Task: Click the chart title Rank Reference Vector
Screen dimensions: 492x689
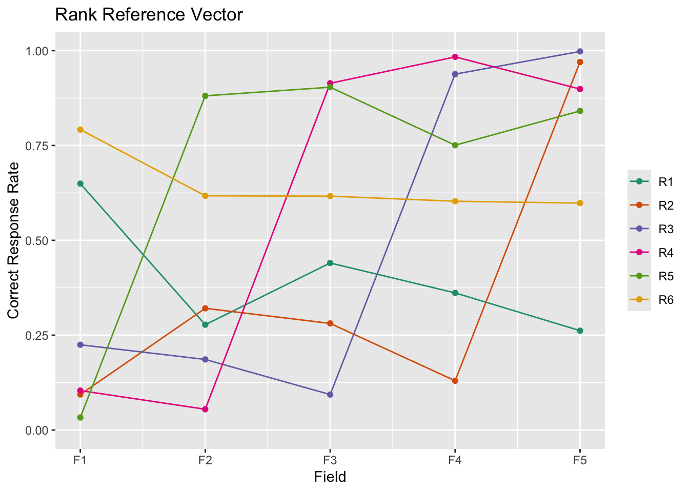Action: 149,15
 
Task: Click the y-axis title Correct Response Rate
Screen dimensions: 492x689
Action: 14,240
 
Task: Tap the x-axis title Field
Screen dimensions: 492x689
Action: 330,477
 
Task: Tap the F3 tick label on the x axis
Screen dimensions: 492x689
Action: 330,460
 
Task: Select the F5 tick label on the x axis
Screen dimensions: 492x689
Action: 580,460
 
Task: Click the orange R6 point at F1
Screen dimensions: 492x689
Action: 80,130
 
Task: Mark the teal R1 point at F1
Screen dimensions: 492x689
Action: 80,183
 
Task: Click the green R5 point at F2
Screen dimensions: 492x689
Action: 205,96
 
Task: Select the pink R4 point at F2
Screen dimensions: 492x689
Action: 205,409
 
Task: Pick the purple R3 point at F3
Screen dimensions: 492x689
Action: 330,395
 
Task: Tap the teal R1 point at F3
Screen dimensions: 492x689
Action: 330,263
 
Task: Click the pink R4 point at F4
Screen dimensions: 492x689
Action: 455,57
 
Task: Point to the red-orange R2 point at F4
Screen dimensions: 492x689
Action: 455,381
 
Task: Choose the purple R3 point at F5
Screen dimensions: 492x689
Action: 580,51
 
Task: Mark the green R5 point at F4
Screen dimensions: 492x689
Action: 455,145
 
